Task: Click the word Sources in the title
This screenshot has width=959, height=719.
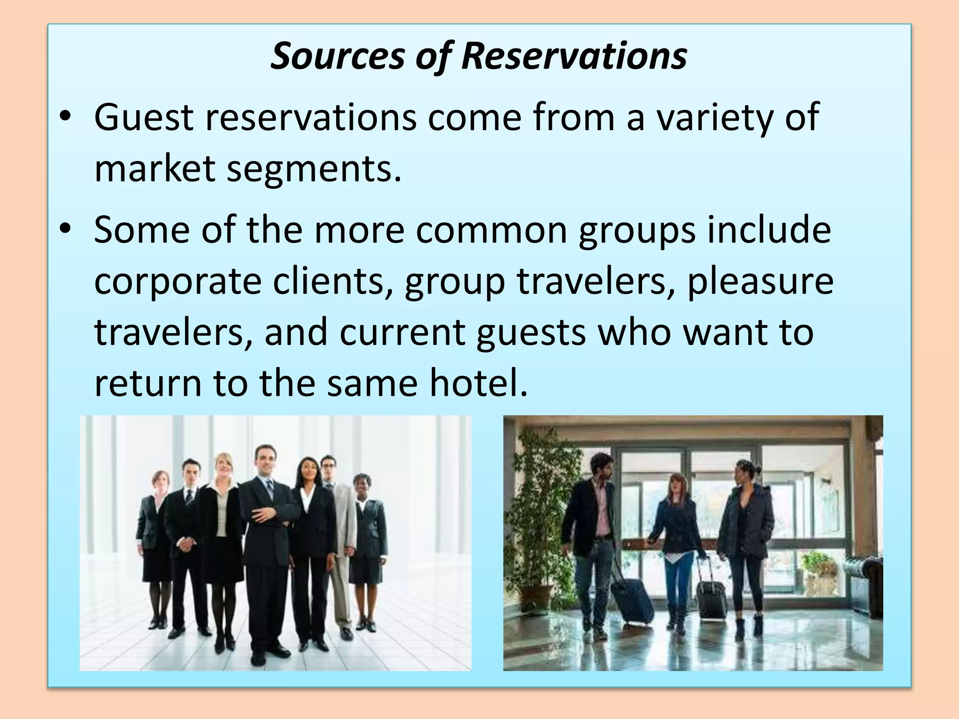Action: pos(338,56)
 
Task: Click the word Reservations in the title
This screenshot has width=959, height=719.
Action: pos(574,56)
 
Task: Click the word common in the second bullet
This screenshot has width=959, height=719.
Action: pos(491,230)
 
